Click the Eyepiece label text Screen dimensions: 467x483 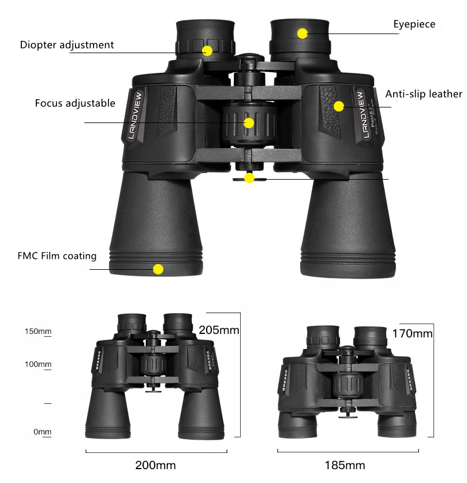tap(414, 24)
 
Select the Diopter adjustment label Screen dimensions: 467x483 tap(67, 44)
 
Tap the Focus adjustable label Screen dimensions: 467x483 tap(75, 103)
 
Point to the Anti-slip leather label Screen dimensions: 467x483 tap(424, 94)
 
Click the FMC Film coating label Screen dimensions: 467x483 tap(57, 255)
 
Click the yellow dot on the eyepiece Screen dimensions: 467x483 tap(302, 34)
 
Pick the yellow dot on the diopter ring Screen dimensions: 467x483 tap(207, 50)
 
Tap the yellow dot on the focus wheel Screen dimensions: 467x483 tap(249, 123)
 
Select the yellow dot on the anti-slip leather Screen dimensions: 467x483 tap(339, 106)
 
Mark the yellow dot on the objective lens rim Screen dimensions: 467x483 tap(158, 269)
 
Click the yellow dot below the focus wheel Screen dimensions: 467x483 tap(249, 178)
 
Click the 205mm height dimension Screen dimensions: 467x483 tap(219, 330)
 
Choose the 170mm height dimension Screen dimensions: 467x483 tap(412, 333)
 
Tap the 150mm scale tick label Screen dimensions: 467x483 tap(38, 332)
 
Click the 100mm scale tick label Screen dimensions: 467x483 tap(38, 365)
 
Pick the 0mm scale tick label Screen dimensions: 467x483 tap(42, 432)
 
